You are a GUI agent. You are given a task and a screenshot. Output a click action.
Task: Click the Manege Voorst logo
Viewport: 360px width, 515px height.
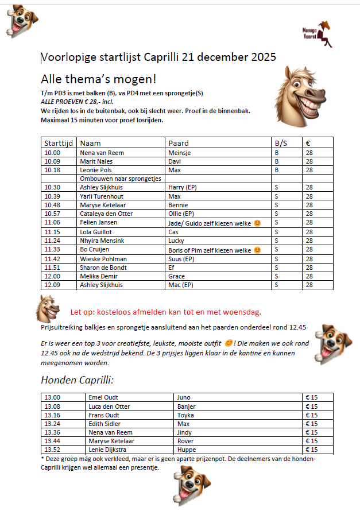[318, 33]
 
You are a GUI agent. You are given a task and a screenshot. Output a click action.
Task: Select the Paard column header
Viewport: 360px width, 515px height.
[179, 143]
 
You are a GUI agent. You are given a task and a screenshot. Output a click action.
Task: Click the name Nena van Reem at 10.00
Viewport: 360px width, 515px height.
[102, 153]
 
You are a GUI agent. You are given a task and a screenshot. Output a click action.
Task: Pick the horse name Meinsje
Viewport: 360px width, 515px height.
[179, 153]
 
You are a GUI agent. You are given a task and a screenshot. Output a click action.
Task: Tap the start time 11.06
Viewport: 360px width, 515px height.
[52, 222]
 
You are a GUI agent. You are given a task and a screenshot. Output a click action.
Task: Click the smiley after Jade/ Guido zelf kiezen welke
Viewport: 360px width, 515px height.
[257, 223]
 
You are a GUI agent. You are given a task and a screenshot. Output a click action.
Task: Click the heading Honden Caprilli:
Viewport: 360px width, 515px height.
[78, 380]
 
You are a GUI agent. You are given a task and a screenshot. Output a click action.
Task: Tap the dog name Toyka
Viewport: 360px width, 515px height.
[185, 415]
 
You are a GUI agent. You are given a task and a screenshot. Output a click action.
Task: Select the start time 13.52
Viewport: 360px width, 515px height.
[52, 450]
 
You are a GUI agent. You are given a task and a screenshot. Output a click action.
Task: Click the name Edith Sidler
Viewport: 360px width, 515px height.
[105, 423]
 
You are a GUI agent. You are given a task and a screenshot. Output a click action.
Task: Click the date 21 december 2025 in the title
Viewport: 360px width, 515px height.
[229, 57]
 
